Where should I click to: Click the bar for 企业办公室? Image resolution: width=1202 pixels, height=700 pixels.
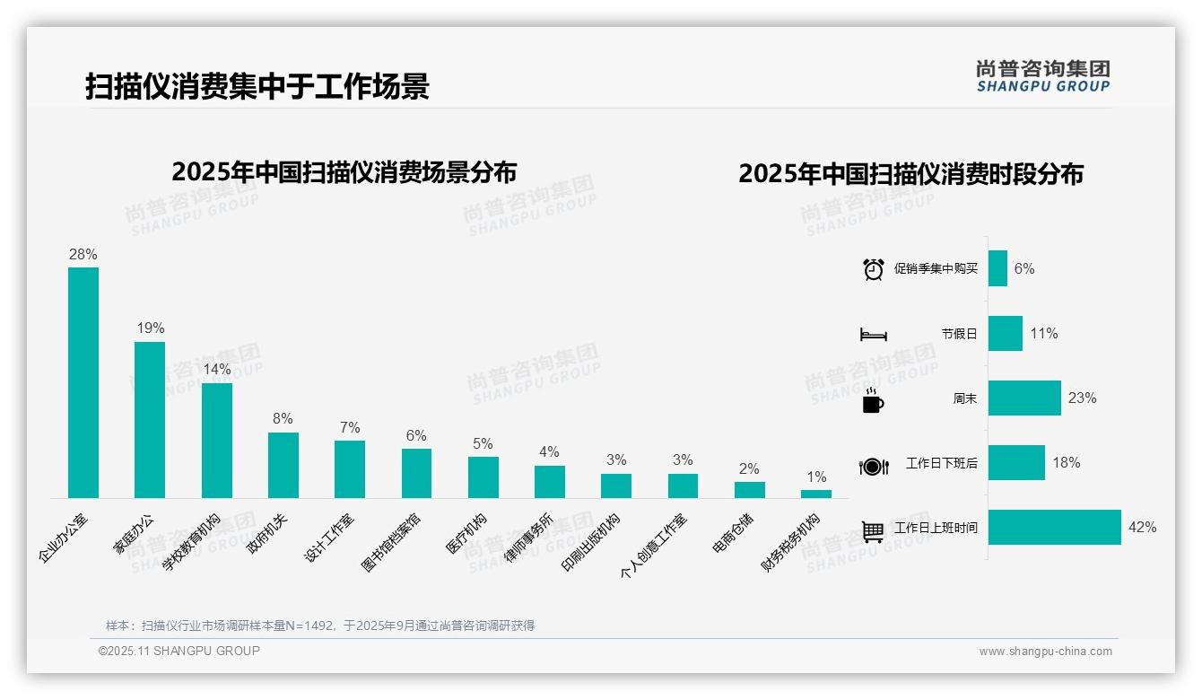pos(83,382)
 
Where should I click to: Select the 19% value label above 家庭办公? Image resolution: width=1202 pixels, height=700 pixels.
pos(151,328)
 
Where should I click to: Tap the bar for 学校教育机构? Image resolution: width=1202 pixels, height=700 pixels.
pos(217,441)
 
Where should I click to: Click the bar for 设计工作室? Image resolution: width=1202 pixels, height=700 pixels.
pos(350,468)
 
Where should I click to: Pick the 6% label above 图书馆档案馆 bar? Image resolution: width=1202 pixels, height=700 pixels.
pos(416,435)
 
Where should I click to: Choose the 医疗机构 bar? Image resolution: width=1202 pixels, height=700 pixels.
pos(483,477)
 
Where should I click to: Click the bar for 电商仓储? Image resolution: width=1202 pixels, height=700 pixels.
pos(750,489)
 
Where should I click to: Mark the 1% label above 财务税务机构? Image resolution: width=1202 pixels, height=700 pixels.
pos(816,477)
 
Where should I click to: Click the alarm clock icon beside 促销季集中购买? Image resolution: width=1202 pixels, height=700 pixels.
pos(874,269)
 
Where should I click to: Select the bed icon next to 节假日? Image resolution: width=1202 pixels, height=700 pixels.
pos(874,334)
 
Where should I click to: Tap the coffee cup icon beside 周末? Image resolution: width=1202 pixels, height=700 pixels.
pos(873,399)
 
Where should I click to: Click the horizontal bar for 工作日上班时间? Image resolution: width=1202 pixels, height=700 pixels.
pos(1055,528)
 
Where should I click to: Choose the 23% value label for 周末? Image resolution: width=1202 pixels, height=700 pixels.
pos(1082,398)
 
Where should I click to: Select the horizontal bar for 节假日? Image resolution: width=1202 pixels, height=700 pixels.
pos(1006,333)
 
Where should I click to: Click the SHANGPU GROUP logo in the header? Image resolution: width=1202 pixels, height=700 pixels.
pos(1043,76)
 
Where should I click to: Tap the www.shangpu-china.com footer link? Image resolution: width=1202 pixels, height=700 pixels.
pos(1045,652)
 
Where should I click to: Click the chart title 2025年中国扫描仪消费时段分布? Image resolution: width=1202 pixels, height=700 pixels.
pos(910,173)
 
